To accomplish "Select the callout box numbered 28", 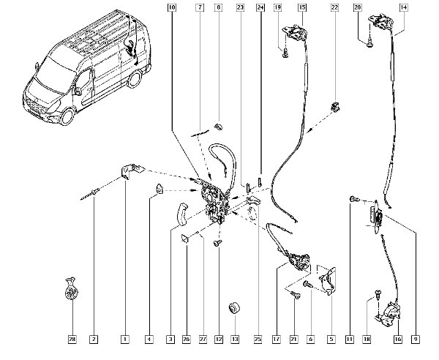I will tap(72, 340).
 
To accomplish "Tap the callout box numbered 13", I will tap(235, 340).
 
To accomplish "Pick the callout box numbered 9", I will tap(416, 340).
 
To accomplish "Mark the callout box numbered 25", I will tap(258, 340).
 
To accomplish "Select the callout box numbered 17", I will tap(277, 340).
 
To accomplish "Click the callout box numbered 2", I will tap(94, 340).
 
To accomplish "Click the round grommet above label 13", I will tap(235, 305).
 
